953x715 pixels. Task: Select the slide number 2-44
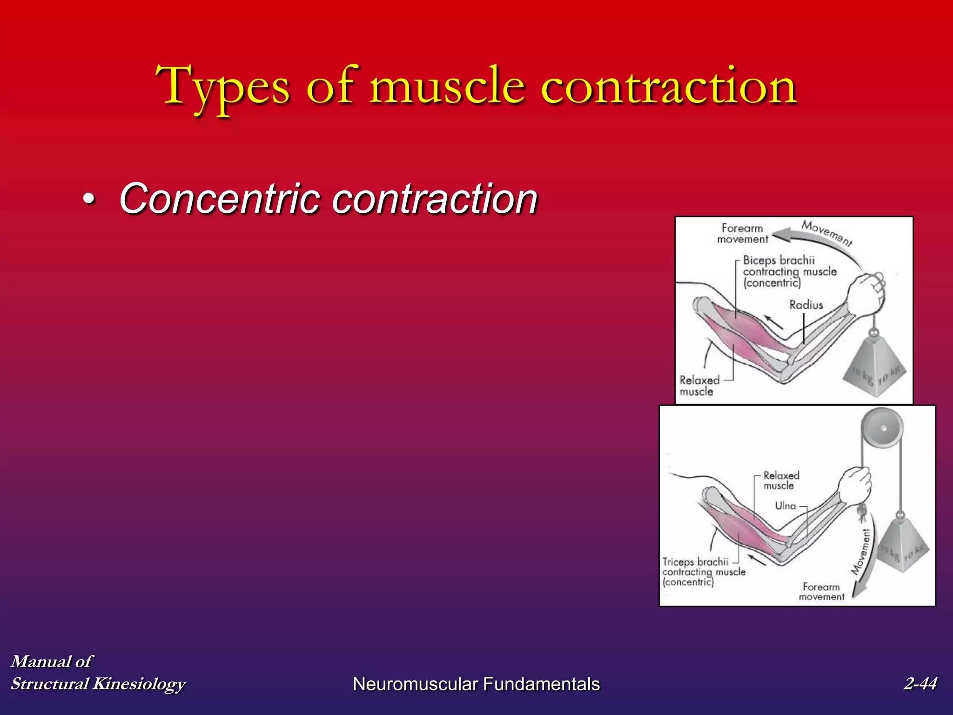920,683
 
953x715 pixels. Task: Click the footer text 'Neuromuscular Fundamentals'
476,684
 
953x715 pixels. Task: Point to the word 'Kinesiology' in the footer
139,683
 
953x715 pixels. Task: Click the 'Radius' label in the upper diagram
806,305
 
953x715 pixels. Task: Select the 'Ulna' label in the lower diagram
785,506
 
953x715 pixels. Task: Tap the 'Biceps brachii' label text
779,260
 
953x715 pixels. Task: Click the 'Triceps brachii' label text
695,562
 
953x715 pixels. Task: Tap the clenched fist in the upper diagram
866,294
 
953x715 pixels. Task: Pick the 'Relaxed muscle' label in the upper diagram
699,386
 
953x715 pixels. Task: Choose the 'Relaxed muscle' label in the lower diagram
781,480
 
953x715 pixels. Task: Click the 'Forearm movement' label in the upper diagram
742,234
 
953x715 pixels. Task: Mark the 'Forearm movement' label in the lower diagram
821,592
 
